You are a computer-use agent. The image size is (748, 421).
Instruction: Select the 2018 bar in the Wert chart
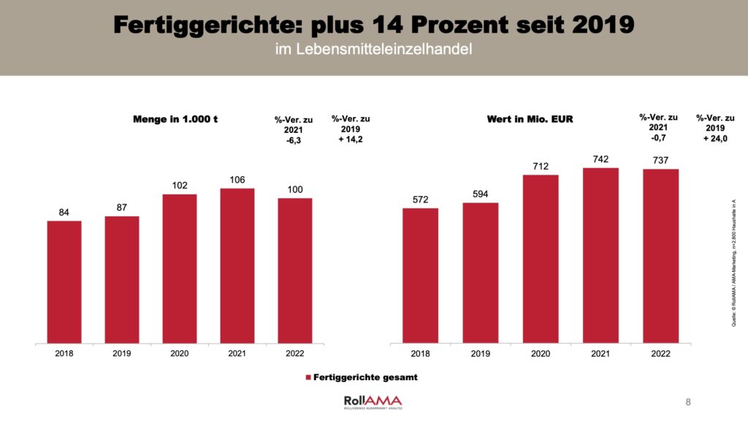pyautogui.click(x=420, y=276)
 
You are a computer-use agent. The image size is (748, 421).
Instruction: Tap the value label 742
pyautogui.click(x=600, y=159)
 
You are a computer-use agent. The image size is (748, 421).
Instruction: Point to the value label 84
pyautogui.click(x=64, y=212)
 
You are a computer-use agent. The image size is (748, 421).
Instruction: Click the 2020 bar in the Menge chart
pyautogui.click(x=180, y=268)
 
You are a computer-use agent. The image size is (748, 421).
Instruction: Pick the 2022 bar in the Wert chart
pyautogui.click(x=660, y=256)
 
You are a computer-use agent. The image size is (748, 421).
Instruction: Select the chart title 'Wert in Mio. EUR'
pyautogui.click(x=530, y=119)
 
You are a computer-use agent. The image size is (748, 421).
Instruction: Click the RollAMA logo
pyautogui.click(x=373, y=401)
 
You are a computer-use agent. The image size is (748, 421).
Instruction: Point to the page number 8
pyautogui.click(x=688, y=401)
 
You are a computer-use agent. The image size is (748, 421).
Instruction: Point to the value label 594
pyautogui.click(x=480, y=194)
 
